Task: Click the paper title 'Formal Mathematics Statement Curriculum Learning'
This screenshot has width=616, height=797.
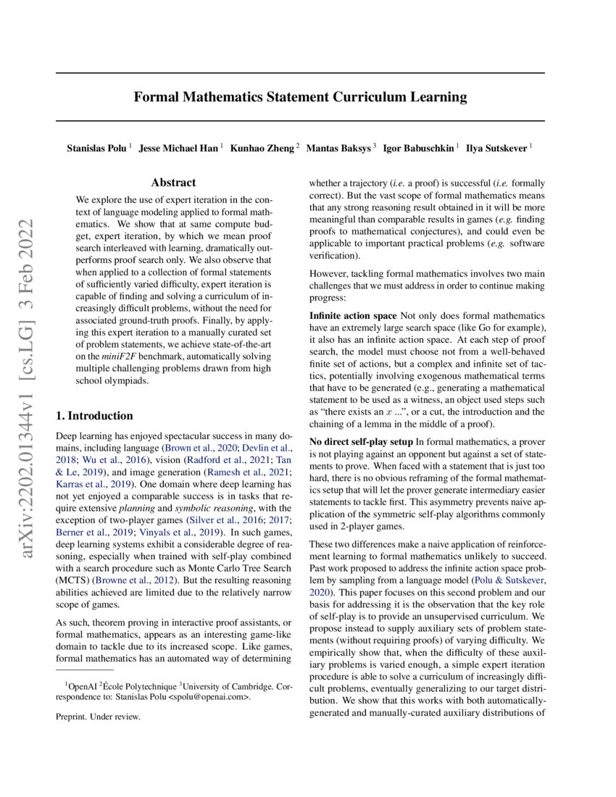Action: point(300,96)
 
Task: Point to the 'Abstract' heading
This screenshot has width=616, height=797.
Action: point(173,183)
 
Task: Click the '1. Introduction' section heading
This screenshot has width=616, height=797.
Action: point(94,416)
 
